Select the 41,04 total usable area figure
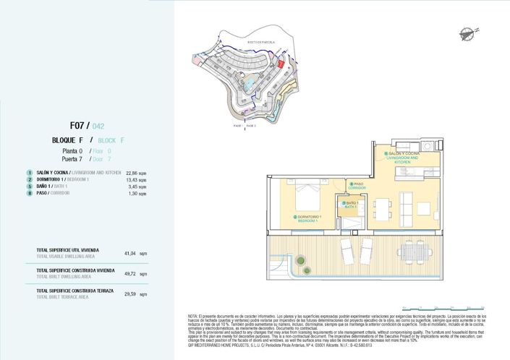[130, 254]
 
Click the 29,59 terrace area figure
[130, 294]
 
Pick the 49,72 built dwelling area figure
[130, 274]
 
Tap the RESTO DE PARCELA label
[258, 43]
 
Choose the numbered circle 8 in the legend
[30, 194]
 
